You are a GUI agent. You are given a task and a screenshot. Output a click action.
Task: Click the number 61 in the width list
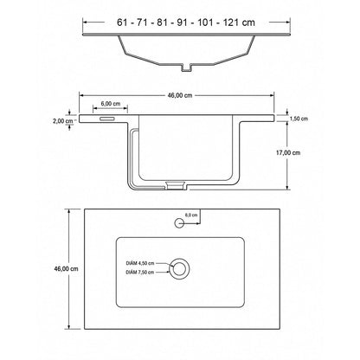pyautogui.click(x=122, y=22)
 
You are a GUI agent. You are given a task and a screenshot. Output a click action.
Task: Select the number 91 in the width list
pyautogui.click(x=183, y=22)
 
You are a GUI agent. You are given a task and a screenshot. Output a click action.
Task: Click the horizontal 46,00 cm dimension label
pyautogui.click(x=180, y=95)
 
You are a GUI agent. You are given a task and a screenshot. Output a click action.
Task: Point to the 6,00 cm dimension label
pyautogui.click(x=111, y=103)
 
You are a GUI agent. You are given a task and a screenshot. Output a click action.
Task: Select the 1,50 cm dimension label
pyautogui.click(x=299, y=119)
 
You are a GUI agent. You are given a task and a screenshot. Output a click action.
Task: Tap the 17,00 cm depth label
pyautogui.click(x=288, y=152)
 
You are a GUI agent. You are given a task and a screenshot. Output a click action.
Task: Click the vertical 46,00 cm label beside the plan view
pyautogui.click(x=66, y=268)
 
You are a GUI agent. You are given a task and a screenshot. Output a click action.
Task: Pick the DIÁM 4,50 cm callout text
pyautogui.click(x=140, y=263)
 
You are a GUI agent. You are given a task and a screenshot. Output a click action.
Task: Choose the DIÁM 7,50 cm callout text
pyautogui.click(x=140, y=272)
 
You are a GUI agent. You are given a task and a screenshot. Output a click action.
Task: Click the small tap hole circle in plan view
pyautogui.click(x=179, y=223)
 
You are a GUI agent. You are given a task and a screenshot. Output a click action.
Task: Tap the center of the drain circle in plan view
pyautogui.click(x=179, y=269)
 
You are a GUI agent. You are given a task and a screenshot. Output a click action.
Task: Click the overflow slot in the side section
pyautogui.click(x=107, y=119)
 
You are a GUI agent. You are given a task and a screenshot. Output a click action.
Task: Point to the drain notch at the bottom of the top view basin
pyautogui.click(x=187, y=67)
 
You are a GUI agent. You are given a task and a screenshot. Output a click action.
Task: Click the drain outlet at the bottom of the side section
pyautogui.click(x=176, y=185)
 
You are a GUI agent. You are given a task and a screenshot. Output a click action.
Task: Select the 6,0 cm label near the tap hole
pyautogui.click(x=191, y=215)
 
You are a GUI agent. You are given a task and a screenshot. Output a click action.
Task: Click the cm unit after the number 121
pyautogui.click(x=248, y=22)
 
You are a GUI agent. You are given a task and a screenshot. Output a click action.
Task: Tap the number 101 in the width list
pyautogui.click(x=205, y=22)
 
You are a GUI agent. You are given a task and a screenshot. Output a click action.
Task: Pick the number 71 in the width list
pyautogui.click(x=142, y=22)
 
